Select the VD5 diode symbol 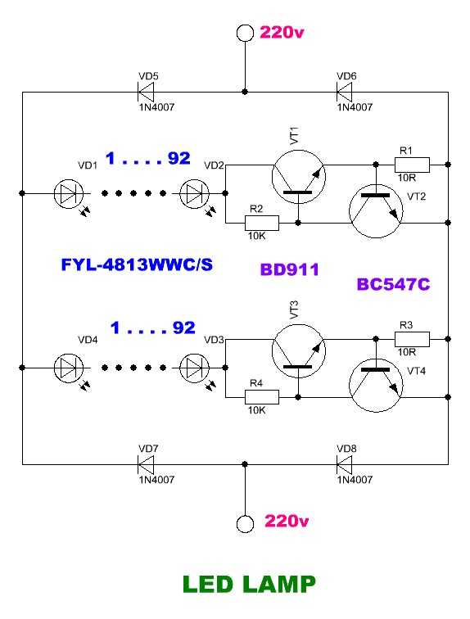(146, 92)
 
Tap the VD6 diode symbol (344, 92)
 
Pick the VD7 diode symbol (146, 464)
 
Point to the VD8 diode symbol (344, 464)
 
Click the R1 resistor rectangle (412, 165)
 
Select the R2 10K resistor (262, 223)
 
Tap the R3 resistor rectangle (412, 339)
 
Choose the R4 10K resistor (262, 397)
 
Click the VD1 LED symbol (69, 193)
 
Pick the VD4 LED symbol (69, 368)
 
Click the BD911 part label (290, 269)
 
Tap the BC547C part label (393, 284)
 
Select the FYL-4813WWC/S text (137, 264)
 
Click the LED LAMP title (250, 585)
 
